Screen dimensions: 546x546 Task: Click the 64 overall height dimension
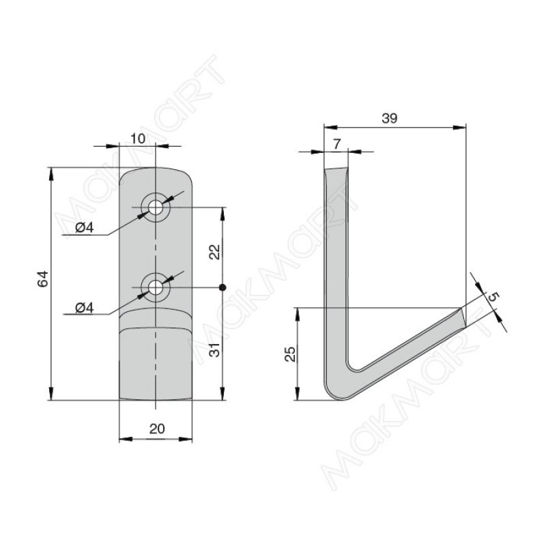click(42, 278)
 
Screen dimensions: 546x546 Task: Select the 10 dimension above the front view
click(138, 139)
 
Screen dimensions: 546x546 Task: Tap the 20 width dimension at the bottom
click(157, 429)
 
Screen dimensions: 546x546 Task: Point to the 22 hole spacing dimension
click(215, 252)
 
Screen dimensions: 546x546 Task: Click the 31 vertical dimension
click(215, 349)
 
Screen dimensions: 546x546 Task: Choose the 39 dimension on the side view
click(389, 118)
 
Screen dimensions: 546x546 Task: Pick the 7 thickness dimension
click(336, 144)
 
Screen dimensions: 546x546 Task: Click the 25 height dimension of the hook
click(290, 354)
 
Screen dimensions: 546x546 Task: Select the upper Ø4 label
click(85, 228)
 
